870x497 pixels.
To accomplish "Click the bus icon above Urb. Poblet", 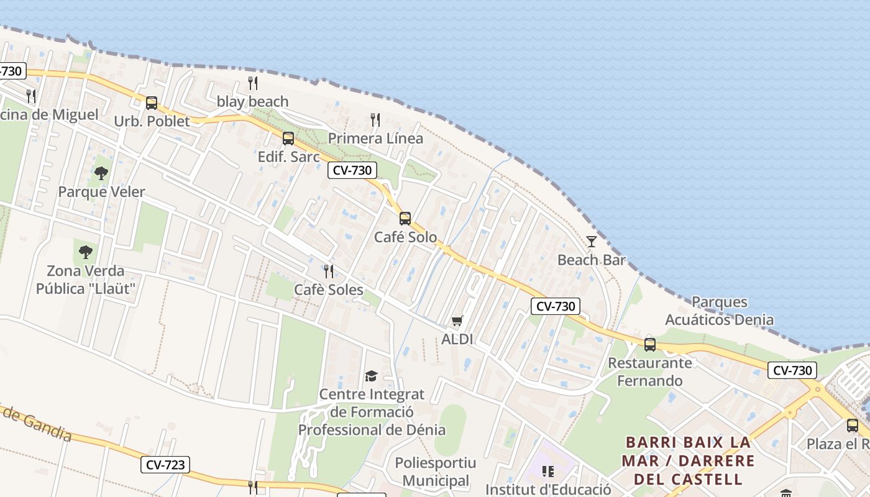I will pyautogui.click(x=152, y=103).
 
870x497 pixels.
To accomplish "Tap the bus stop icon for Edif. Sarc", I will pyautogui.click(x=288, y=139).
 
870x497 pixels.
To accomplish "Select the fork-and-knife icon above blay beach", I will pyautogui.click(x=253, y=83).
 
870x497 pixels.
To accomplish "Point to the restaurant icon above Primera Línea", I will pyautogui.click(x=375, y=119).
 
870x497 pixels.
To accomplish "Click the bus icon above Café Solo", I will pyautogui.click(x=405, y=219).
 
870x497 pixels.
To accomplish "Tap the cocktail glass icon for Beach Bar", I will pyautogui.click(x=592, y=241).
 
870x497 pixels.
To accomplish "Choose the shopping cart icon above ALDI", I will pyautogui.click(x=457, y=321).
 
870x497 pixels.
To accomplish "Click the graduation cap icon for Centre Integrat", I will pyautogui.click(x=371, y=376).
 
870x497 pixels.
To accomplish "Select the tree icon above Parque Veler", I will pyautogui.click(x=101, y=173).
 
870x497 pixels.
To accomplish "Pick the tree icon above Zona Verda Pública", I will pyautogui.click(x=86, y=252).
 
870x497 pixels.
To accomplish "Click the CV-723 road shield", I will pyautogui.click(x=165, y=465).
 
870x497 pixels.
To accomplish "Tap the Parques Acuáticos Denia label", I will pyautogui.click(x=720, y=311).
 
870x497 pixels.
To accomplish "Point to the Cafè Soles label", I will pyautogui.click(x=329, y=290).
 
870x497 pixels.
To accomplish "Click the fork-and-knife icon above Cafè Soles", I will pyautogui.click(x=329, y=271).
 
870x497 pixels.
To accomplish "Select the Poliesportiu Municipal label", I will pyautogui.click(x=436, y=472).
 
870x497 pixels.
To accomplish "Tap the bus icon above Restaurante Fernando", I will pyautogui.click(x=650, y=344).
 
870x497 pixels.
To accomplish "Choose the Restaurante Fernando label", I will pyautogui.click(x=650, y=372).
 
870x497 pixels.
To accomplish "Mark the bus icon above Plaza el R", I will pyautogui.click(x=853, y=426).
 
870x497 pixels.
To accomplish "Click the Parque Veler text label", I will pyautogui.click(x=101, y=192).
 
